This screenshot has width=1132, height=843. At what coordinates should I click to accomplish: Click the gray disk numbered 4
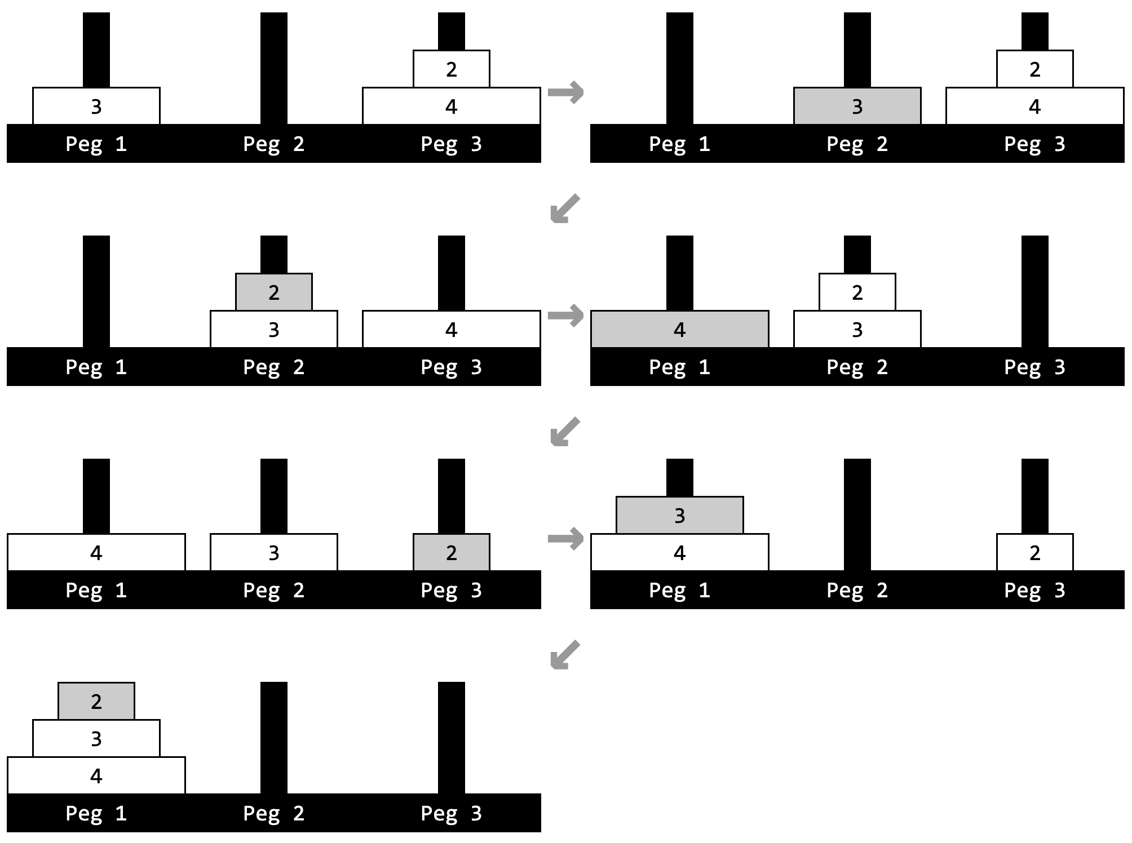(679, 329)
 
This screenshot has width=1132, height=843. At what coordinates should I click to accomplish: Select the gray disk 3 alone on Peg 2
(857, 106)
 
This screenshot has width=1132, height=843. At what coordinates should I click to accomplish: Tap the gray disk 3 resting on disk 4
(679, 515)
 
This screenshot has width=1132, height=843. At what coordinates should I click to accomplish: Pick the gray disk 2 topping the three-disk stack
(96, 701)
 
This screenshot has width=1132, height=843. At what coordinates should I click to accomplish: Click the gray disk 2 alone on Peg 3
(451, 552)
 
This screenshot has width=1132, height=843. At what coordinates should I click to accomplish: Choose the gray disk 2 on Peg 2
(273, 292)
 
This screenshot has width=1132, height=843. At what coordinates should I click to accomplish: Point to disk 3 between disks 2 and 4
(96, 738)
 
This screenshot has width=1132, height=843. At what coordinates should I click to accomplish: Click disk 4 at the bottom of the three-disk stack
(96, 775)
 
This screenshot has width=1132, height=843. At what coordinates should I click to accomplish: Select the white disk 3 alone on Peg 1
(96, 106)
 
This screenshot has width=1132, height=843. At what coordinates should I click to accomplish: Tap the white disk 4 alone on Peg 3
(451, 329)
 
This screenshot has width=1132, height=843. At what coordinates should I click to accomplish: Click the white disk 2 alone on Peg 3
(1034, 552)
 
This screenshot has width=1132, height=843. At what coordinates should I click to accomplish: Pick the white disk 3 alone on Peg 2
(273, 552)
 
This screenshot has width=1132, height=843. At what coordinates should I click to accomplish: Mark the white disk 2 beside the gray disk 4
(857, 292)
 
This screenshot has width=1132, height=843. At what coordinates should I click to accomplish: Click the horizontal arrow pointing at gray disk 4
(565, 315)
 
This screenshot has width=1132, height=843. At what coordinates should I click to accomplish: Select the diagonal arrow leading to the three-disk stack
(564, 654)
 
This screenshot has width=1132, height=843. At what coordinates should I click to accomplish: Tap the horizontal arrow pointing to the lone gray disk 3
(565, 92)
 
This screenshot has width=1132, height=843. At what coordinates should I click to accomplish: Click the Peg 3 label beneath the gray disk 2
(451, 590)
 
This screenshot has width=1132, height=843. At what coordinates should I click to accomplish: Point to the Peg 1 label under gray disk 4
(679, 367)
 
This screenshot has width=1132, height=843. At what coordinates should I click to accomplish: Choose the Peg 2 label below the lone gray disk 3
(857, 144)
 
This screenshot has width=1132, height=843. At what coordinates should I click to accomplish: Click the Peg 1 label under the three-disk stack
(96, 813)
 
